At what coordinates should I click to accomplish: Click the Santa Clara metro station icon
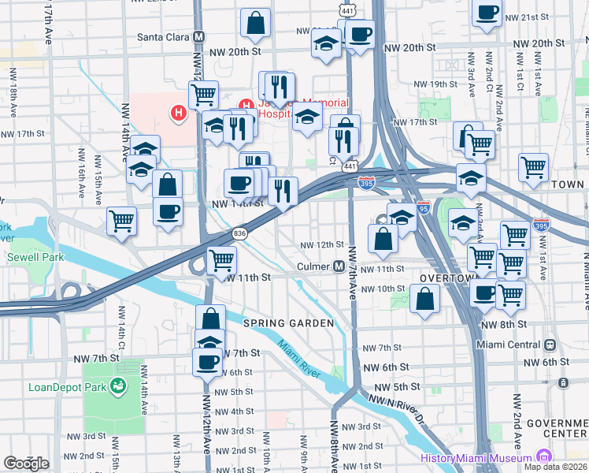(x=199, y=36)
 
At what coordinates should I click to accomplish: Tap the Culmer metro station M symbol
(x=337, y=266)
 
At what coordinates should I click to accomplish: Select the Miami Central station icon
(x=549, y=345)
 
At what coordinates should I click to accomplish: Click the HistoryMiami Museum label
(x=477, y=458)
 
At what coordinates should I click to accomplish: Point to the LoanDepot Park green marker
(x=118, y=386)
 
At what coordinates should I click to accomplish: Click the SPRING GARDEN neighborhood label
(x=289, y=323)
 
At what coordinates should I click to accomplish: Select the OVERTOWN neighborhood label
(x=446, y=279)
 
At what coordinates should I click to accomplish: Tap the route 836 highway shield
(x=240, y=233)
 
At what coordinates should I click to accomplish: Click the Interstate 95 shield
(x=424, y=208)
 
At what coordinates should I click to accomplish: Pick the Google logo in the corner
(x=26, y=463)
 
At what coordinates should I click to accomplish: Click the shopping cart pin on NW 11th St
(x=222, y=259)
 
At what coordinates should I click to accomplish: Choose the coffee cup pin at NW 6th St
(x=207, y=362)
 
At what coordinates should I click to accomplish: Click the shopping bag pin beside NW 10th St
(x=424, y=299)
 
